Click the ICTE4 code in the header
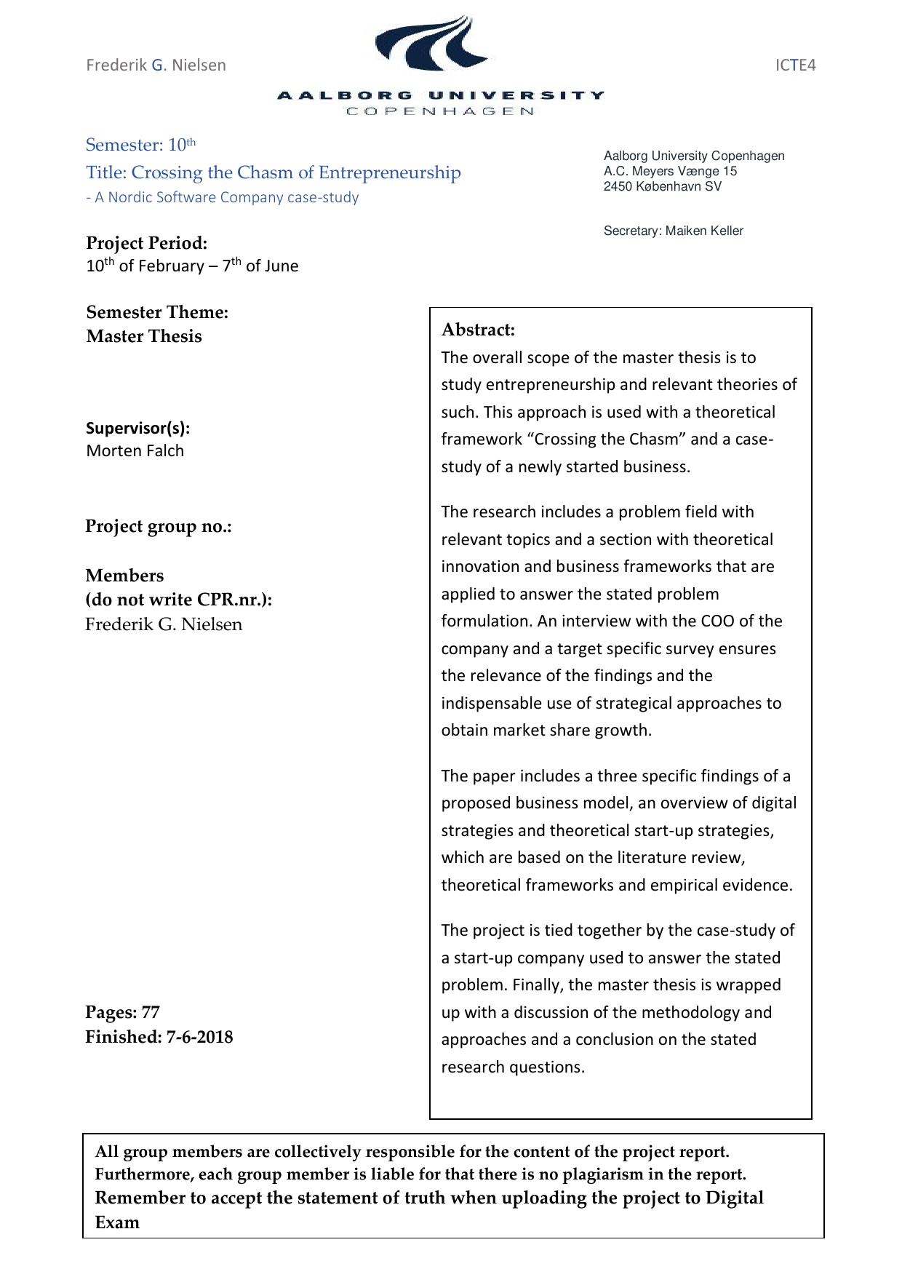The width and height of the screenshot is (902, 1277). (795, 65)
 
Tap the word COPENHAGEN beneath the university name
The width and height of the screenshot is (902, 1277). (440, 111)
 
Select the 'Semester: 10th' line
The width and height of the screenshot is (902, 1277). (140, 145)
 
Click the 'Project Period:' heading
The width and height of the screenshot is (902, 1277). (146, 243)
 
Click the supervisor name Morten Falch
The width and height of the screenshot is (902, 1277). (135, 451)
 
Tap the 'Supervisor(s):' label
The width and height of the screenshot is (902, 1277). (137, 428)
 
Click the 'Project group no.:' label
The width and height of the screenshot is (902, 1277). (159, 526)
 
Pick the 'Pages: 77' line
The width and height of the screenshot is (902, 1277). (122, 1012)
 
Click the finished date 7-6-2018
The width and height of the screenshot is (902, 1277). (199, 1037)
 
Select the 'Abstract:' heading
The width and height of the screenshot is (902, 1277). (478, 330)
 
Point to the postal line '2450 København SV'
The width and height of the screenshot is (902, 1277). (662, 186)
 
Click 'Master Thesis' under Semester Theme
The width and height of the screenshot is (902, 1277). (144, 336)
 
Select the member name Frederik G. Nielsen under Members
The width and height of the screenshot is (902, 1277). (164, 624)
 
